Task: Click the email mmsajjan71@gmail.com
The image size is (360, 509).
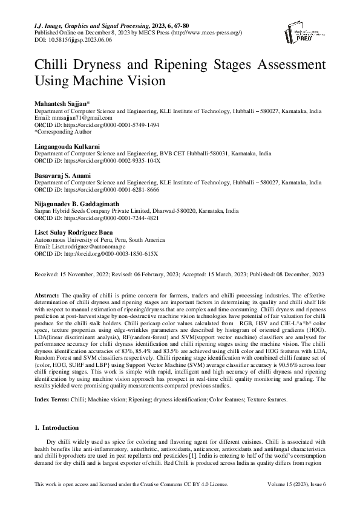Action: coord(74,118)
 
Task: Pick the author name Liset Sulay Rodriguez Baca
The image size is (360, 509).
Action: coord(74,233)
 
